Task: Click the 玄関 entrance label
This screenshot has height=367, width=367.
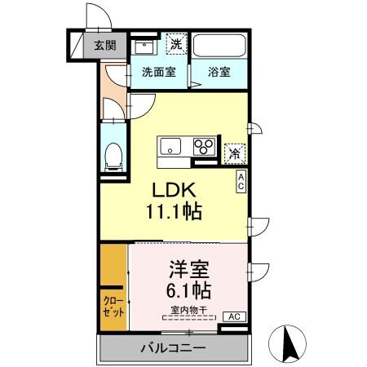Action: pos(104,45)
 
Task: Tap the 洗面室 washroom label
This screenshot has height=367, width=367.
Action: pos(159,71)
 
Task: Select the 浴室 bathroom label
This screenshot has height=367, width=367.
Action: pos(219,71)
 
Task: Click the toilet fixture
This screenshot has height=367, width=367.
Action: pos(113,155)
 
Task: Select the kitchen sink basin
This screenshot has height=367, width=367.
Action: pos(171,147)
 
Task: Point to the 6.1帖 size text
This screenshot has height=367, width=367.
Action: pos(188,290)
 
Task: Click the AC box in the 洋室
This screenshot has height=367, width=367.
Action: pos(232,316)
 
